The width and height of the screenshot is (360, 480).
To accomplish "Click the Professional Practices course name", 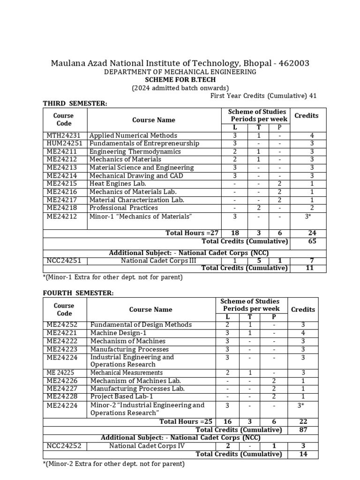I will pyautogui.click(x=123, y=208).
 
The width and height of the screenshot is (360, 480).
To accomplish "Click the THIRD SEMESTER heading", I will pyautogui.click(x=75, y=104).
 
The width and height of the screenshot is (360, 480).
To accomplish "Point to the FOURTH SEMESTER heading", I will pyautogui.click(x=78, y=293).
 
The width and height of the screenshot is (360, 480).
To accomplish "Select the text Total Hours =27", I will pyautogui.click(x=193, y=233).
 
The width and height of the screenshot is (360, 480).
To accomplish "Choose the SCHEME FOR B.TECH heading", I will pyautogui.click(x=180, y=80).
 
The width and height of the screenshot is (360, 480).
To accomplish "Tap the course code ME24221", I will pyautogui.click(x=62, y=333).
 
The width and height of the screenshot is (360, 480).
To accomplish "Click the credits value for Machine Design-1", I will pyautogui.click(x=303, y=333).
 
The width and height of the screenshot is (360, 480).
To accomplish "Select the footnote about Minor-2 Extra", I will pyautogui.click(x=113, y=464).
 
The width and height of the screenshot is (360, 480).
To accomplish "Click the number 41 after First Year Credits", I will pyautogui.click(x=312, y=96).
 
